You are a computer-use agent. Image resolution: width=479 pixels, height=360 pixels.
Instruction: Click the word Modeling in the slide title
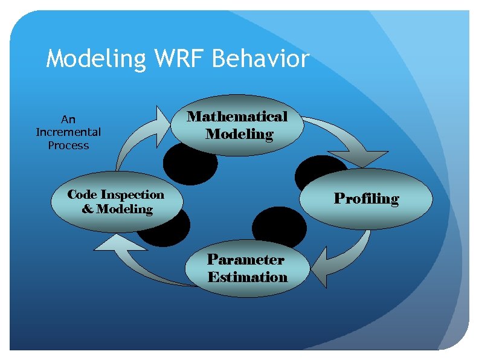[95, 60]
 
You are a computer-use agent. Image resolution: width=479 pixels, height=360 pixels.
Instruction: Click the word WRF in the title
[179, 59]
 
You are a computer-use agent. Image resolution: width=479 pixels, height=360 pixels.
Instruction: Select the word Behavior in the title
[261, 59]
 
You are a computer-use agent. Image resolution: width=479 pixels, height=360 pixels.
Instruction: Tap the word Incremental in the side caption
[68, 132]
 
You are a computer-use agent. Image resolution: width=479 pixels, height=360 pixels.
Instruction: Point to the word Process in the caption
[68, 146]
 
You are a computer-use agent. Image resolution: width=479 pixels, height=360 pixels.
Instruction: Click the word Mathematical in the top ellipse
[237, 116]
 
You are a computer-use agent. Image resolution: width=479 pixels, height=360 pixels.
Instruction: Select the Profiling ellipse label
[367, 199]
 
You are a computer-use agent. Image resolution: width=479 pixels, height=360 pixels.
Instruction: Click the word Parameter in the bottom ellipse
[245, 260]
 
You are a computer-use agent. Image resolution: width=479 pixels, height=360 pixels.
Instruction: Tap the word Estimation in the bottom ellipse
[247, 277]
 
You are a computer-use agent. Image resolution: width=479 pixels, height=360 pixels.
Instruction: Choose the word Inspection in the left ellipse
[132, 194]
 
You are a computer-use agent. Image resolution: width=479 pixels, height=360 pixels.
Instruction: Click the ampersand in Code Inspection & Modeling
[88, 210]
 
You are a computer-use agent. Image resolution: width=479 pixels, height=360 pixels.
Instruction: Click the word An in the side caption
[68, 119]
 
